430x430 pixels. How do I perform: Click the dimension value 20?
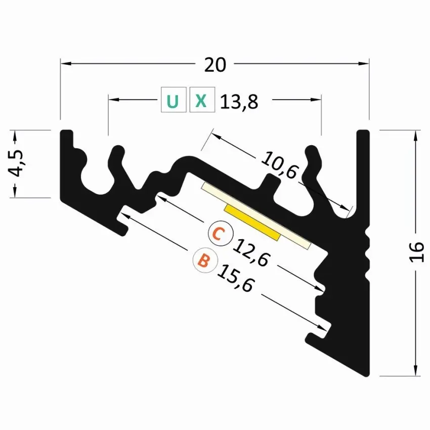(x=214, y=64)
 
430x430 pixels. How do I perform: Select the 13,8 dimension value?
(x=239, y=102)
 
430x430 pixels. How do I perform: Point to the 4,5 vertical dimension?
(x=17, y=163)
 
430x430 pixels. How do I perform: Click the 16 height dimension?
(x=416, y=252)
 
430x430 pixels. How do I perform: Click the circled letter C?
(x=219, y=234)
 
